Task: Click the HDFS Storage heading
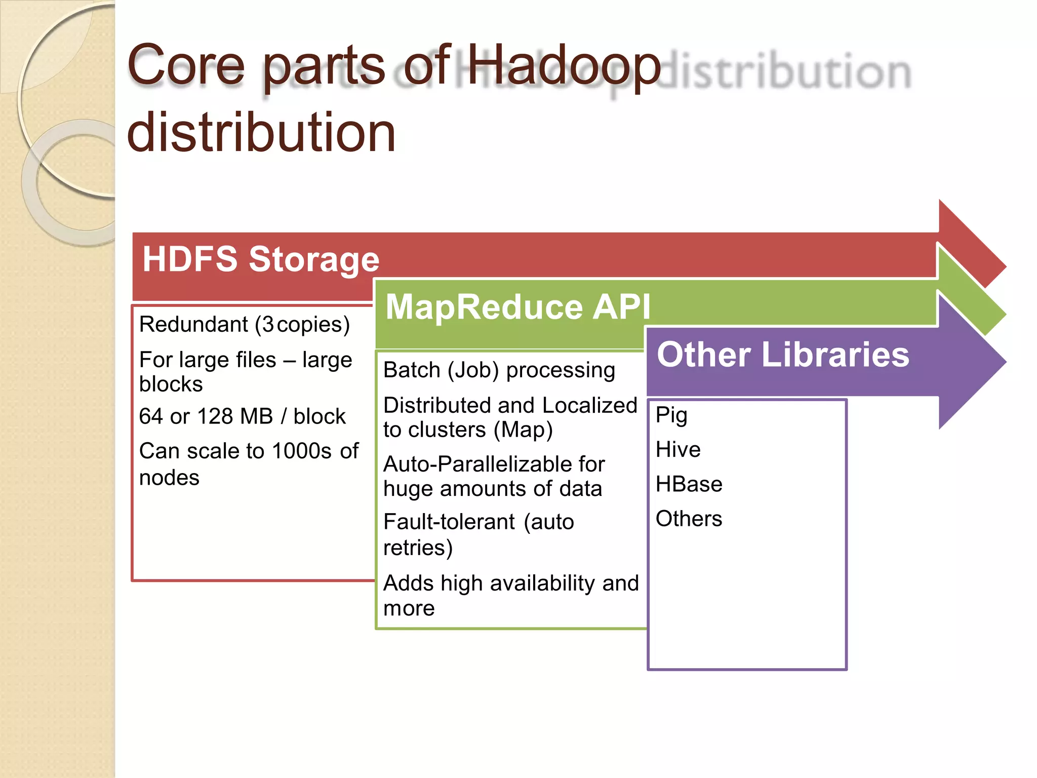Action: click(x=261, y=259)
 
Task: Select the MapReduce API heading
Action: click(x=517, y=307)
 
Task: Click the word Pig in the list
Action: click(x=671, y=415)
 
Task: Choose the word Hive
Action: click(x=678, y=449)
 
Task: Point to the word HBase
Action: click(x=689, y=484)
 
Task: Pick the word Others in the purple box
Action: click(x=689, y=519)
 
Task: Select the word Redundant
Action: click(x=194, y=324)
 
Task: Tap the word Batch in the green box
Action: click(x=412, y=370)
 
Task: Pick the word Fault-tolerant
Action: click(x=449, y=522)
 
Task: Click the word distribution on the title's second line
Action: click(x=261, y=133)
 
